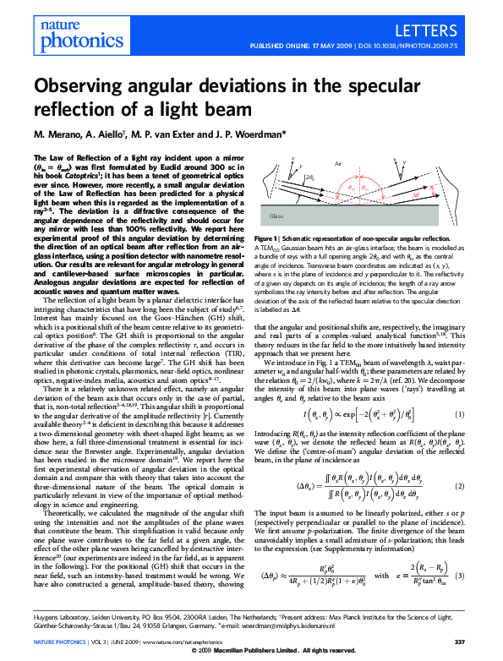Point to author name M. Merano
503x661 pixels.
pos(57,134)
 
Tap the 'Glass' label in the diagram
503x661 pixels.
pos(276,216)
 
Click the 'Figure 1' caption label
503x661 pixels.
pos(271,240)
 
